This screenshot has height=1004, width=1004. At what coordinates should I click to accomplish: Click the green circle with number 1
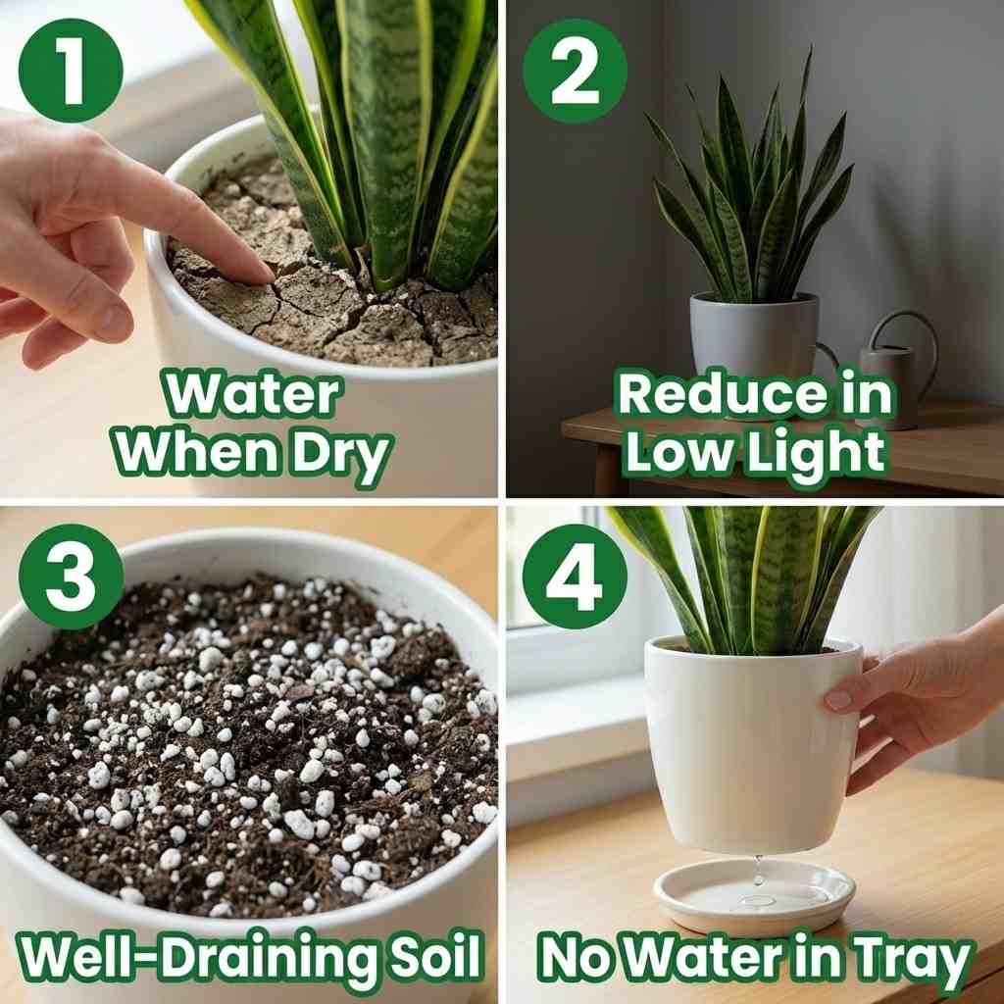(x=71, y=70)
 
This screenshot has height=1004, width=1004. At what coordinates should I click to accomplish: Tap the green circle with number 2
(x=575, y=70)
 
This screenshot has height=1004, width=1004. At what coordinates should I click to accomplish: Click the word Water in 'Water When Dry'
(x=252, y=394)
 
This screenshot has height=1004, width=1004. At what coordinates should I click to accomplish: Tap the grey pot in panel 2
(x=753, y=338)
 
